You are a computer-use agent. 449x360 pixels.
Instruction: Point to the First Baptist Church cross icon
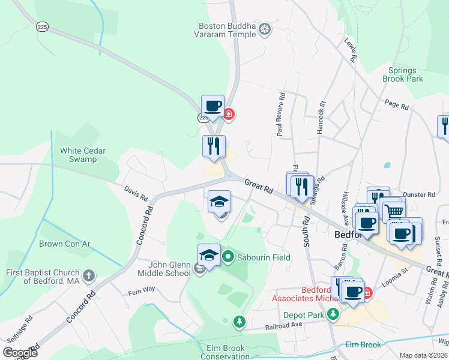pyautogui.click(x=88, y=276)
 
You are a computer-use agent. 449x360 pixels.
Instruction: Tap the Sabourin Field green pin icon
pyautogui.click(x=228, y=257)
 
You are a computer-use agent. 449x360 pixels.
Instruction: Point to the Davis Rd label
pyautogui.click(x=136, y=193)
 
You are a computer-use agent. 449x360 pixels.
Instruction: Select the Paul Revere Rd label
pyautogui.click(x=279, y=114)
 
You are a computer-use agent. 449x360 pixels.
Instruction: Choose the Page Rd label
pyautogui.click(x=396, y=105)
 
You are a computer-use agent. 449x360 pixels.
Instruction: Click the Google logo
pyautogui.click(x=20, y=352)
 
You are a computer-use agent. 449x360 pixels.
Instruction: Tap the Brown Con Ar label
pyautogui.click(x=64, y=244)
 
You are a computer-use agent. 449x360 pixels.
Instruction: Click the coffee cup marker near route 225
pyautogui.click(x=212, y=106)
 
